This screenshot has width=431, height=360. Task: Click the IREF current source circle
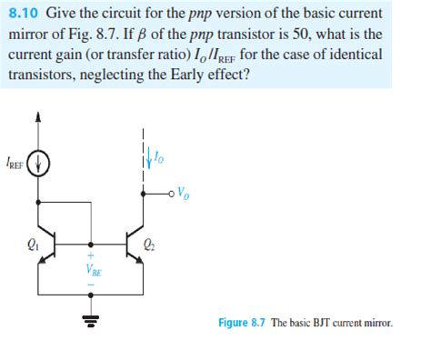pyautogui.click(x=37, y=165)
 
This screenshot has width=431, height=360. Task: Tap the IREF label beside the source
pyautogui.click(x=15, y=165)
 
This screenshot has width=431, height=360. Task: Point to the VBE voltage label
pyautogui.click(x=94, y=269)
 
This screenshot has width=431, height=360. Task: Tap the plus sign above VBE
pyautogui.click(x=91, y=255)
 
